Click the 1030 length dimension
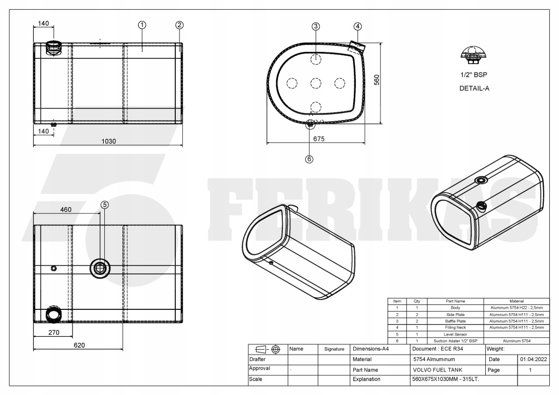click(109, 141)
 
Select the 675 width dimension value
click(319, 139)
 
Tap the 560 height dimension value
click(376, 80)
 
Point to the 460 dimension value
click(66, 209)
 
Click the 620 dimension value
click(80, 345)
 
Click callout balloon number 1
click(142, 25)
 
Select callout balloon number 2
click(180, 25)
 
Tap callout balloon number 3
click(316, 26)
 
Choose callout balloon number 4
click(357, 26)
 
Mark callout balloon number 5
click(105, 205)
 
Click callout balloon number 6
click(309, 159)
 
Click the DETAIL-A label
click(473, 87)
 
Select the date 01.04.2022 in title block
click(532, 360)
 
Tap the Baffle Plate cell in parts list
click(455, 321)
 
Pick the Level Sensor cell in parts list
click(455, 334)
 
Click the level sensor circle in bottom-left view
click(100, 267)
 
